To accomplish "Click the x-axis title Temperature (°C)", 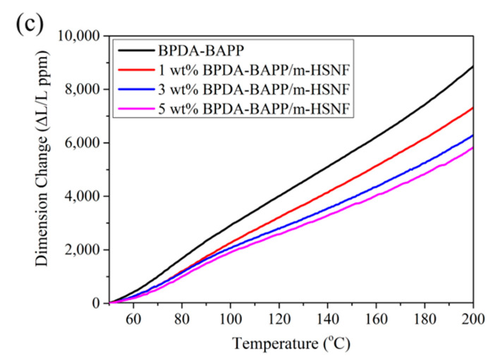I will click(290, 345).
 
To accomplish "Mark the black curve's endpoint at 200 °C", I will click(472, 66).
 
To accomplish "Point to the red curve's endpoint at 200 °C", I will click(472, 108).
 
